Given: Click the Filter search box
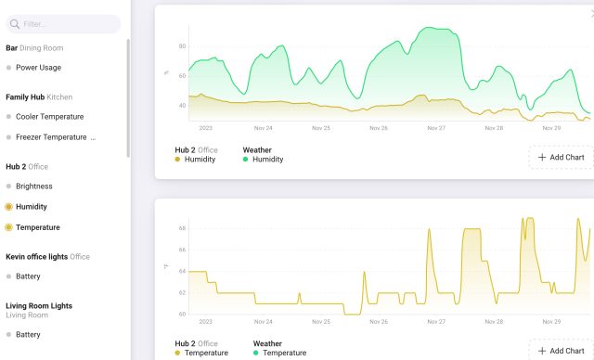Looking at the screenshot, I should pos(63,24).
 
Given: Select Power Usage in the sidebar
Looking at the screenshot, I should pos(38,68).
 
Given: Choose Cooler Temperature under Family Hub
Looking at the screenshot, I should pos(49,117).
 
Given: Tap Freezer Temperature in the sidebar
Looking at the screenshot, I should pos(51,137).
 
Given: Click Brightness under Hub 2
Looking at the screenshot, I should pos(34,186).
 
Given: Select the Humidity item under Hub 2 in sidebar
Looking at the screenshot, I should pos(31,207).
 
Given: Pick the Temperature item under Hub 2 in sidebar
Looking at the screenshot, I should pos(37,227).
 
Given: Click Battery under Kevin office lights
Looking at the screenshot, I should pos(28,276).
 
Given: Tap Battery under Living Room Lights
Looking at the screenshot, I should pos(28,335).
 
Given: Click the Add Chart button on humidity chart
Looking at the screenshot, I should pos(561,158).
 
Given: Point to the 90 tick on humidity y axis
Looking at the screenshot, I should pos(182,46).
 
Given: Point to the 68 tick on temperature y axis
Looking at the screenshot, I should pos(182,228).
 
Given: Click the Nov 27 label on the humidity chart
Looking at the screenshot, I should pos(436,128).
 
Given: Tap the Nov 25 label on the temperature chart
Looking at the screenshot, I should pos(321,322).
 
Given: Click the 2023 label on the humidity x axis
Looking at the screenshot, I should pos(205,128).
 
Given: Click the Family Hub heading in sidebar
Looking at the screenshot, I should pos(24,96).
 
